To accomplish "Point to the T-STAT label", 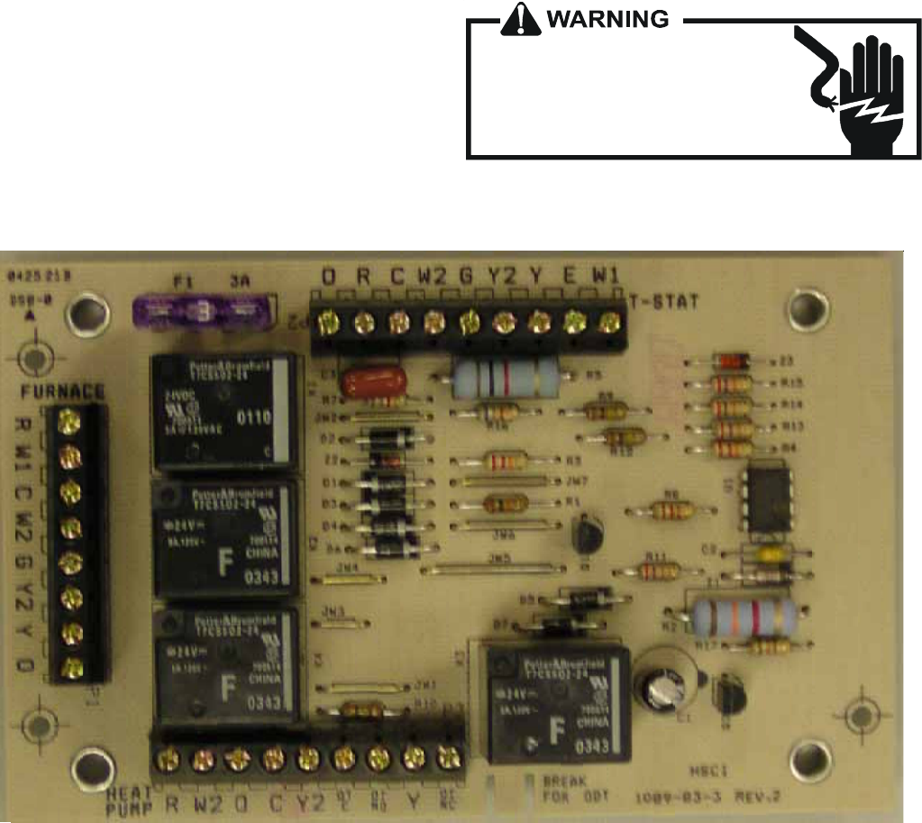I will [x=663, y=304].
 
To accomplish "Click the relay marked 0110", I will [x=224, y=411].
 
